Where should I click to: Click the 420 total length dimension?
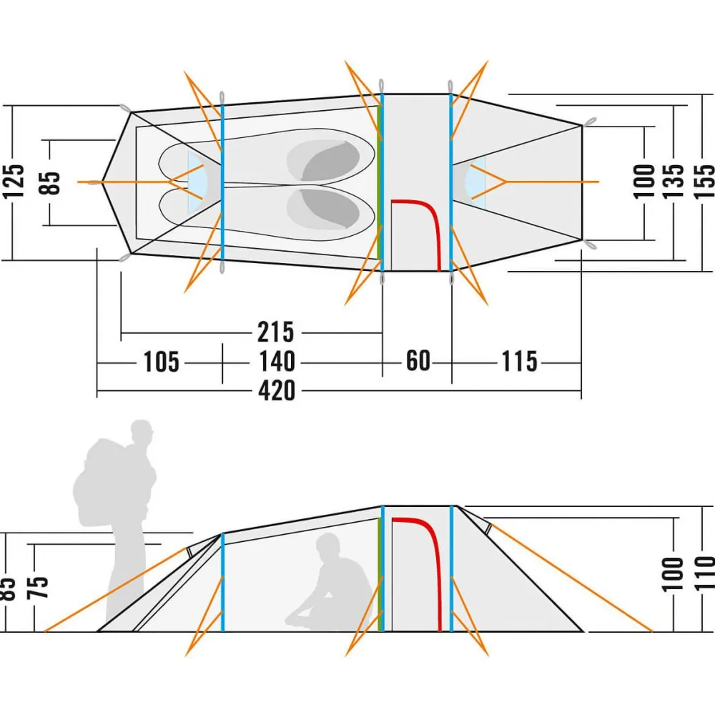click(277, 390)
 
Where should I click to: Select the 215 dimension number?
click(275, 332)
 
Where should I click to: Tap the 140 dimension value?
click(277, 362)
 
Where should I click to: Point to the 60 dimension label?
click(418, 361)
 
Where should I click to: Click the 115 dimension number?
click(518, 362)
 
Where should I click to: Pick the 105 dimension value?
click(161, 362)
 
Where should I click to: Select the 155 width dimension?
click(704, 182)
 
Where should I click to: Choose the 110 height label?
click(704, 572)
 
